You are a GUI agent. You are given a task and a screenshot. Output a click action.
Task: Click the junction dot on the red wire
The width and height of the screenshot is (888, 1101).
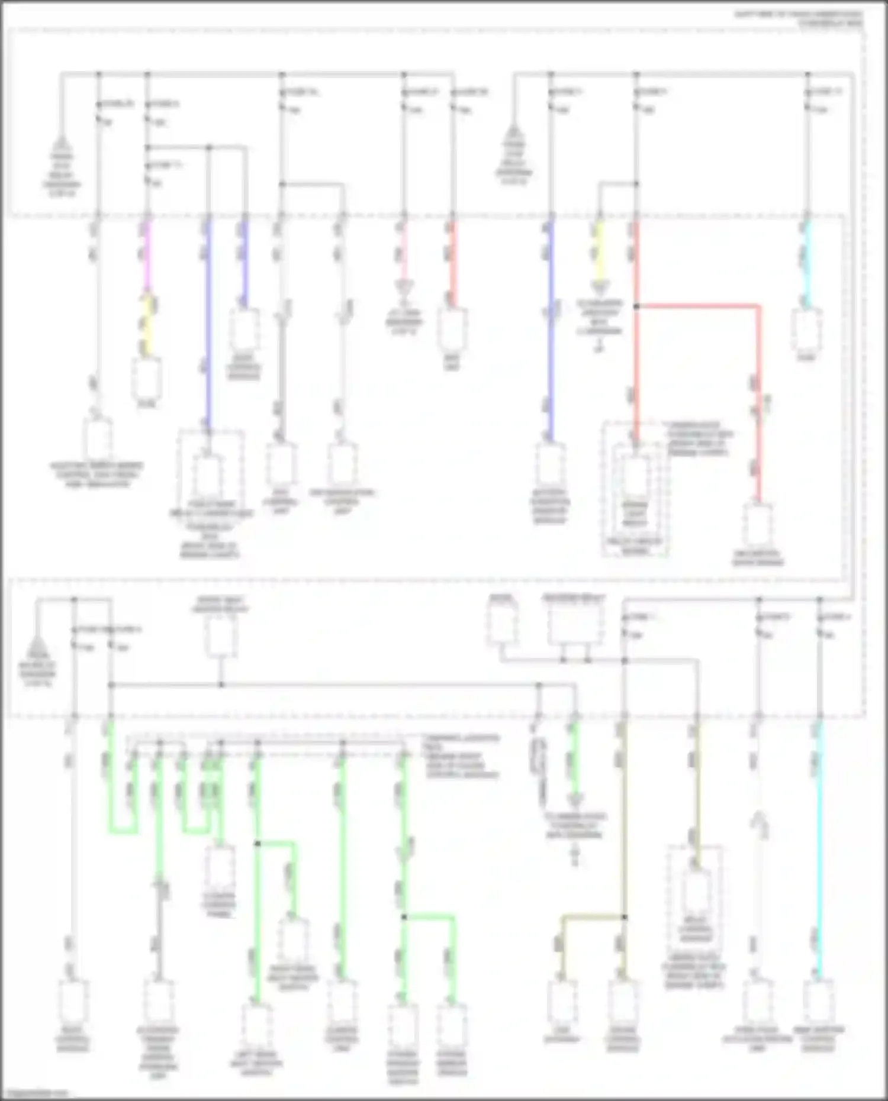[x=636, y=306]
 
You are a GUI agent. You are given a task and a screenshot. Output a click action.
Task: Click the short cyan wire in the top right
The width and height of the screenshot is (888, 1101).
[x=806, y=266]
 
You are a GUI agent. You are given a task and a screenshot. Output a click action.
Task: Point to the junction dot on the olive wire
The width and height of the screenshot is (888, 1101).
[x=623, y=917]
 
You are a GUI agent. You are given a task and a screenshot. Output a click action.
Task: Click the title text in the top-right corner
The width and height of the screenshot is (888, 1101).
[x=799, y=18]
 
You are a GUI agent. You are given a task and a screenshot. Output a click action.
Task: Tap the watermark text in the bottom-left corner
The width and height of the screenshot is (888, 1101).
[x=36, y=1093]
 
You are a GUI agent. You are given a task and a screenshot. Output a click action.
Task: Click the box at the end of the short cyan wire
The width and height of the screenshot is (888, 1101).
[x=806, y=329]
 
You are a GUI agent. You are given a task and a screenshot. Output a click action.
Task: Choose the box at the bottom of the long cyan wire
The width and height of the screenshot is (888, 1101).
[x=819, y=1000]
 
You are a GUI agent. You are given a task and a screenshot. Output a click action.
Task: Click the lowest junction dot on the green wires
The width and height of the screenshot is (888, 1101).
[x=404, y=917]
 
